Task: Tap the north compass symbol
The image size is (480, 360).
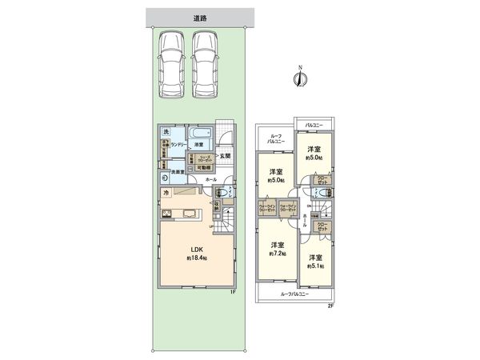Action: [x=298, y=78]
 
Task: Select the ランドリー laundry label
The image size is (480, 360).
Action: [x=178, y=144]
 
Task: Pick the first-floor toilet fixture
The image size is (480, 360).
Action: [x=226, y=193]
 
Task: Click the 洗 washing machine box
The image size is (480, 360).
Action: [x=166, y=132]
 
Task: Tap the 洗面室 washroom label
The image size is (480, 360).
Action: [x=176, y=171]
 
